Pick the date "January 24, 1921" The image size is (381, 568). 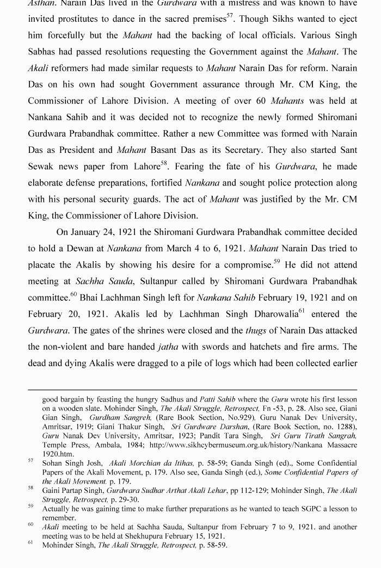point(103,232)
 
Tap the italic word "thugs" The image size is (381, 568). point(256,330)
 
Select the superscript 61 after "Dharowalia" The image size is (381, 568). point(302,311)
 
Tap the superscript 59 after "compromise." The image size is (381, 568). point(276,262)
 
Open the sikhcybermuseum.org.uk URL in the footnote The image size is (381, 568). point(252,445)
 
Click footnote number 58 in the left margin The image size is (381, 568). point(30,488)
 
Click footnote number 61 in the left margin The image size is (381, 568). point(30,542)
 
